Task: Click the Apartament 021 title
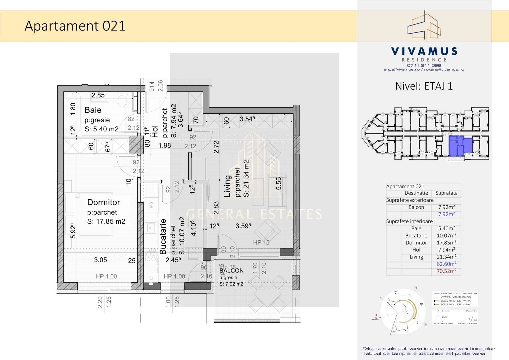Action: pyautogui.click(x=75, y=26)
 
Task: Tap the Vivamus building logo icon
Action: pyautogui.click(x=424, y=26)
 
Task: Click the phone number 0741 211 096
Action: pyautogui.click(x=424, y=65)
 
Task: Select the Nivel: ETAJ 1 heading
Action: pyautogui.click(x=424, y=86)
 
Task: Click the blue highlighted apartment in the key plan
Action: pyautogui.click(x=460, y=146)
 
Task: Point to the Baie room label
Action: pyautogui.click(x=93, y=110)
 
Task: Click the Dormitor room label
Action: pyautogui.click(x=103, y=202)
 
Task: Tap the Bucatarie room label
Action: pyautogui.click(x=163, y=237)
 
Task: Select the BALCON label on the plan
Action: pyautogui.click(x=231, y=271)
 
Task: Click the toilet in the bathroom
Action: pyautogui.click(x=122, y=99)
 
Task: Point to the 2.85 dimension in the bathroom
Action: pyautogui.click(x=98, y=95)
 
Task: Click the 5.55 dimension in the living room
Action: pyautogui.click(x=279, y=183)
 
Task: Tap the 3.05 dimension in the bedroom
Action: pyautogui.click(x=100, y=260)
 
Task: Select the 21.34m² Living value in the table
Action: pyautogui.click(x=446, y=257)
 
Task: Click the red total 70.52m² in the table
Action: pyautogui.click(x=446, y=271)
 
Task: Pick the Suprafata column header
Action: pyautogui.click(x=446, y=193)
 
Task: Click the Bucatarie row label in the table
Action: pyautogui.click(x=416, y=236)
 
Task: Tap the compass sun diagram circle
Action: pyautogui.click(x=403, y=312)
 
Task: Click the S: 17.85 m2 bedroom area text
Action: pyautogui.click(x=106, y=222)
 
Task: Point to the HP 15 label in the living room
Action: pyautogui.click(x=261, y=243)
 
